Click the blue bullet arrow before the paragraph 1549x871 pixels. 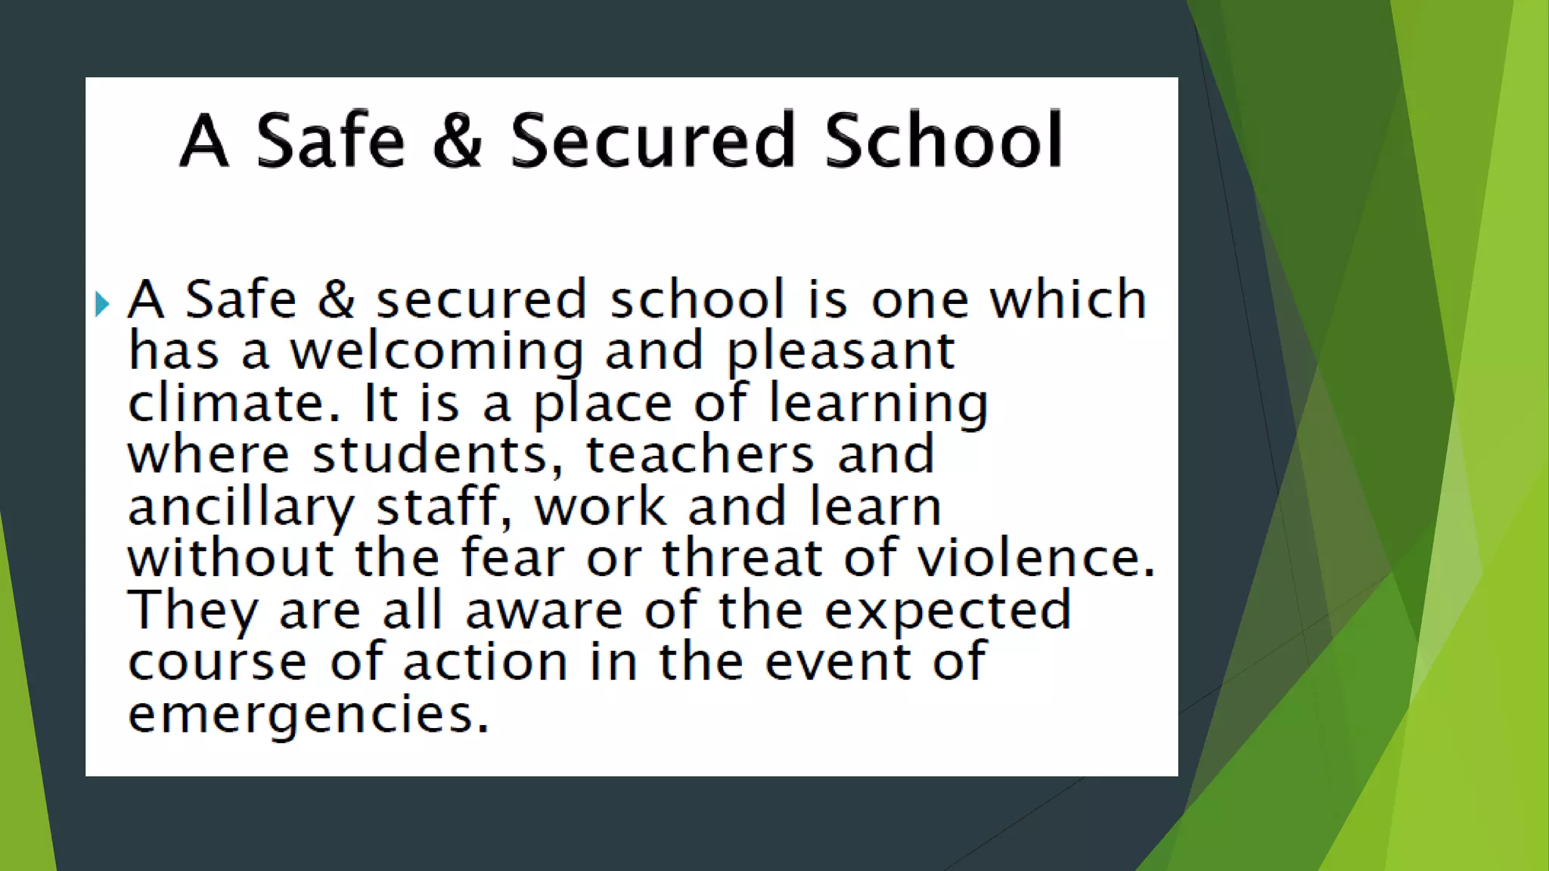[x=102, y=304]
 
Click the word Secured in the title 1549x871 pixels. [x=652, y=141]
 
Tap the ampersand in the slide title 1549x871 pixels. [x=458, y=141]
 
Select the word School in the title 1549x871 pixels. [x=943, y=141]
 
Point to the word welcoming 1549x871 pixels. [x=437, y=352]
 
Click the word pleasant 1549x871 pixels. [x=840, y=352]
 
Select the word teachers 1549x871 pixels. [x=700, y=454]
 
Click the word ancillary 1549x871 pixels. [x=241, y=507]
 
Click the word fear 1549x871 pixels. [x=513, y=558]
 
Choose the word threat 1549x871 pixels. [x=742, y=558]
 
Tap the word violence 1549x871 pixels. [x=1035, y=558]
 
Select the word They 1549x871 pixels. [x=192, y=610]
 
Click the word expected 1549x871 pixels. [x=948, y=611]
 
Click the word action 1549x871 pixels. [x=485, y=662]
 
